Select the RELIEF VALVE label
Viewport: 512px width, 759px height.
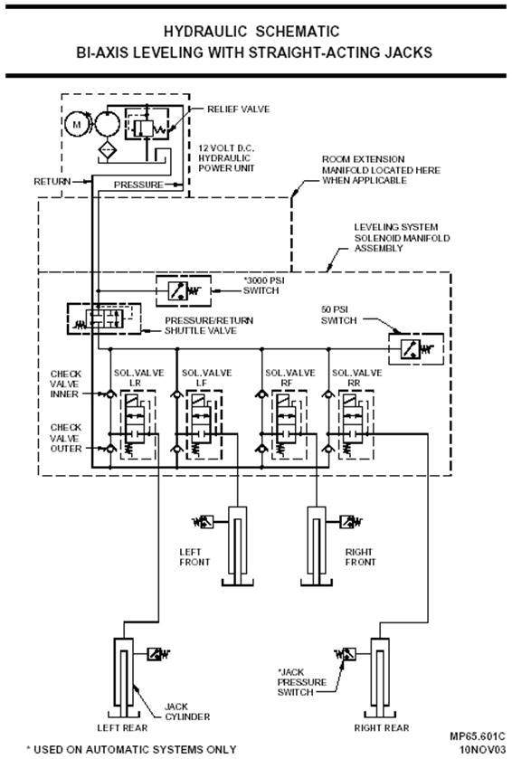point(239,109)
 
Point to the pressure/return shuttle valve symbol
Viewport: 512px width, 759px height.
point(100,318)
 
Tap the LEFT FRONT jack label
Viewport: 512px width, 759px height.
point(194,556)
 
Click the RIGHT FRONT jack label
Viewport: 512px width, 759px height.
point(359,556)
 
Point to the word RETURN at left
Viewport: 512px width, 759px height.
point(52,182)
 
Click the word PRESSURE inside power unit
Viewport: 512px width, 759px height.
point(138,185)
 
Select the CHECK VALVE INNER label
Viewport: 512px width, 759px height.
point(65,383)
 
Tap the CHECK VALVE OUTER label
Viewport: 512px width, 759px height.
point(65,438)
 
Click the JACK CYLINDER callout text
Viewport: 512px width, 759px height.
point(186,711)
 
